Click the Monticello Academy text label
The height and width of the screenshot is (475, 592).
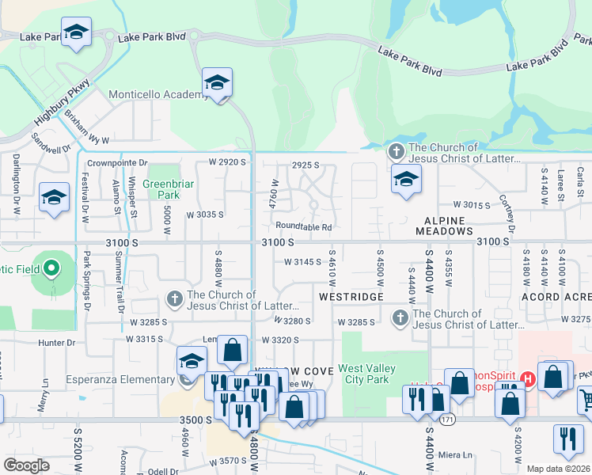[x=157, y=95]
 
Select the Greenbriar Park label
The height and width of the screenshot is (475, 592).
[x=161, y=189]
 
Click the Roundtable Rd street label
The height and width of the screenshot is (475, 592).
[x=304, y=226]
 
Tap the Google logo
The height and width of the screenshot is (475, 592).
[x=27, y=465]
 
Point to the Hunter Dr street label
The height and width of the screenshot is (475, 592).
[x=56, y=343]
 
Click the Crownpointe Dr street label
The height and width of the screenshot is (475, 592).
[x=117, y=163]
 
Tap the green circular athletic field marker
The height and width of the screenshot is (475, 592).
[x=52, y=269]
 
